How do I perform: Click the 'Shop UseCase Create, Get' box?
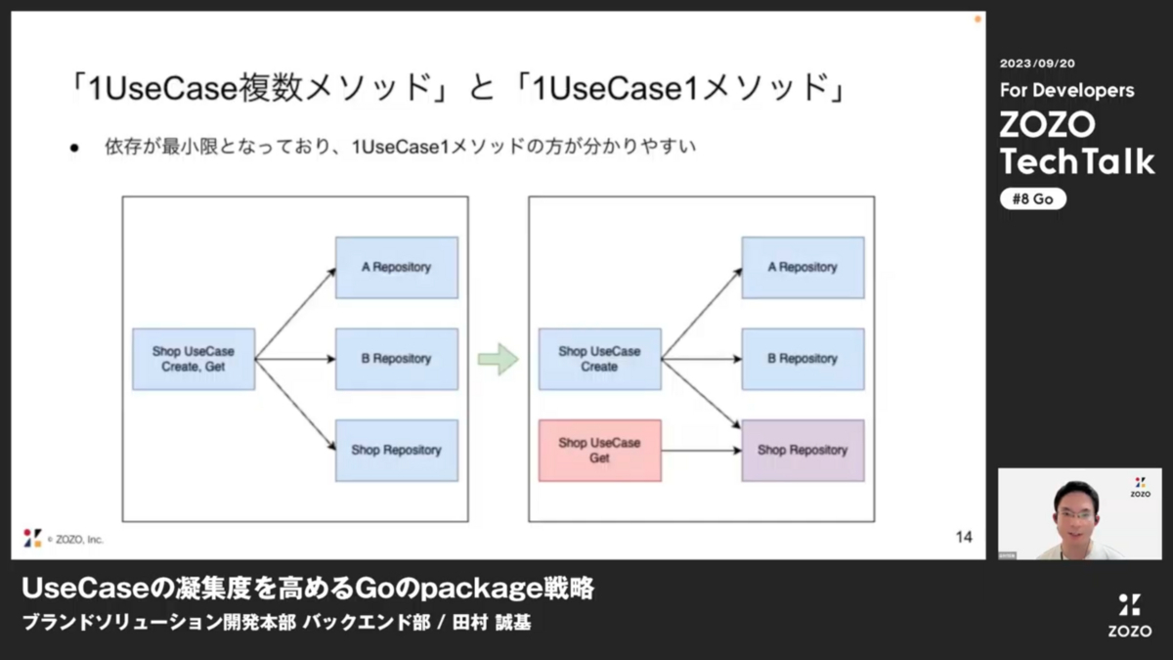pos(194,360)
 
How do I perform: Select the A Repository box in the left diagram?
pos(397,268)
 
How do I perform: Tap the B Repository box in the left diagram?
pos(397,360)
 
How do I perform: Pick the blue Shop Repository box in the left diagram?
pos(397,451)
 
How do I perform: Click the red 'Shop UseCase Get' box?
pos(600,451)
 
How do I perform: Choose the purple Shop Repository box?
pos(804,451)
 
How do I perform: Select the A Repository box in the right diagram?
pos(804,268)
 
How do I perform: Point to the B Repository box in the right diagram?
pos(804,360)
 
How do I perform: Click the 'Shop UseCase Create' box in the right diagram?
pos(600,360)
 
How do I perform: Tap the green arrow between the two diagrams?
pos(498,360)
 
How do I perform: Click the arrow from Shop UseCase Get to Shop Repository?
pos(702,451)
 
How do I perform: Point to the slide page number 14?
pos(964,537)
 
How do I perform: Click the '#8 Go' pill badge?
pos(1032,199)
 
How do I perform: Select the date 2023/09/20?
pos(1037,64)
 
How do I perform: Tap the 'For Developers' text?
pos(1067,90)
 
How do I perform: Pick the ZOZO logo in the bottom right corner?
pos(1130,615)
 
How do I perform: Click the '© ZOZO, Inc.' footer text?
pos(75,540)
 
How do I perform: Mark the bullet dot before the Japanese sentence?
pos(74,149)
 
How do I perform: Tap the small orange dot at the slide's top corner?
pos(977,20)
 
